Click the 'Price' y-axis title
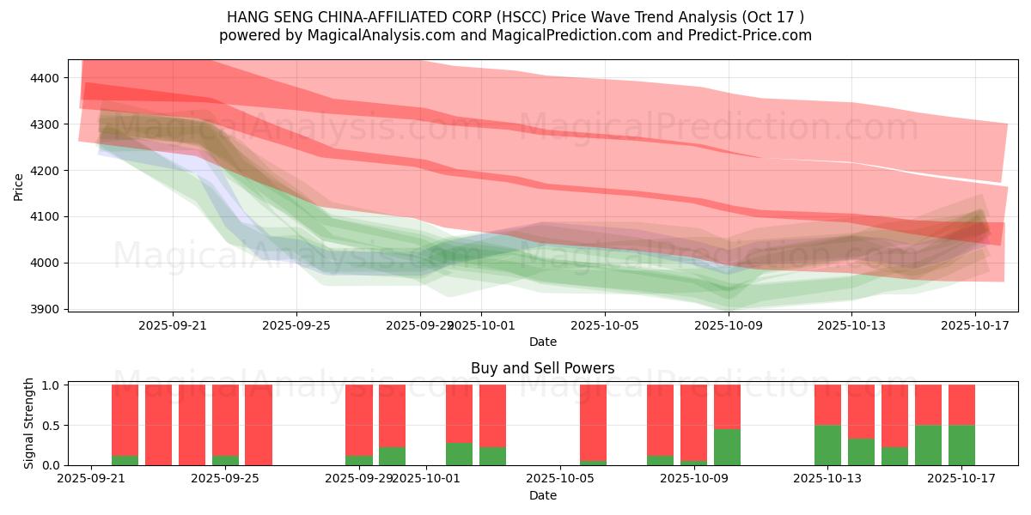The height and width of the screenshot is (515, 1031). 18,186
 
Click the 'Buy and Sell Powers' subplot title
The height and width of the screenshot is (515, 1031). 542,368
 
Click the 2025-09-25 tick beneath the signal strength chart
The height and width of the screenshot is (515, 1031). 226,479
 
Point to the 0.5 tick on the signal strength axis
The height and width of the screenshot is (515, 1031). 51,425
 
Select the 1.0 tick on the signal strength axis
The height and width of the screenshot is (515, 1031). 51,385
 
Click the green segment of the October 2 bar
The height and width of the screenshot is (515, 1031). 459,454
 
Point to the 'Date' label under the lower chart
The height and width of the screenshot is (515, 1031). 542,495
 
